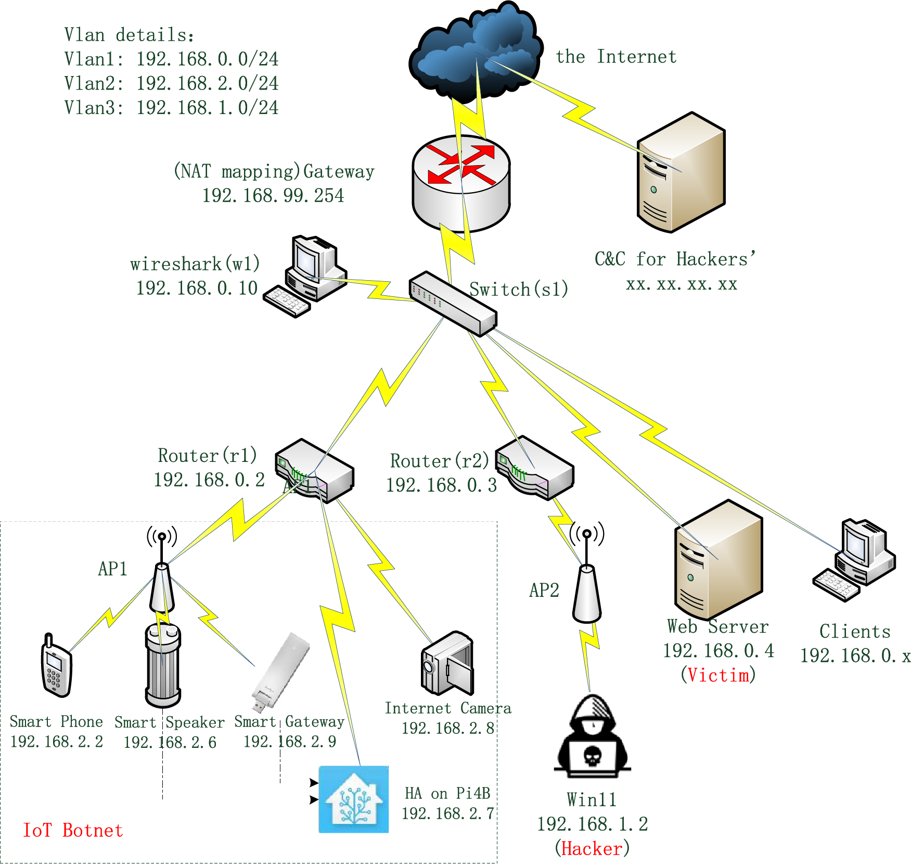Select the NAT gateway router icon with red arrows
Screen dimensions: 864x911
coord(461,182)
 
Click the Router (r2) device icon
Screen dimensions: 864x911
coord(534,468)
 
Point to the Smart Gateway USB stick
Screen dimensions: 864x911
coord(280,672)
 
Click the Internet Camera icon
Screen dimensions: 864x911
coord(447,663)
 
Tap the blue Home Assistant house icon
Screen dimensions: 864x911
coord(354,799)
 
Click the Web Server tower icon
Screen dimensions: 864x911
coord(718,560)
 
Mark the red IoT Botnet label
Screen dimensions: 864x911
coord(73,830)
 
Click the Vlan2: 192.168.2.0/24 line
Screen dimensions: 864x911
coord(171,83)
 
